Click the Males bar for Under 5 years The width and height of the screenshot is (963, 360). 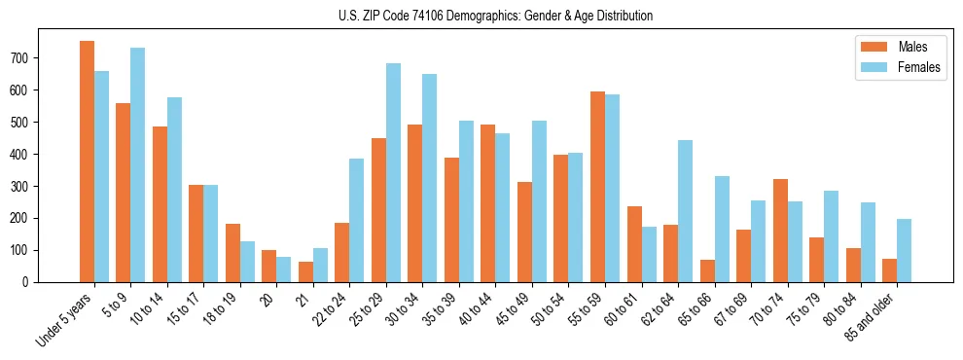(x=88, y=162)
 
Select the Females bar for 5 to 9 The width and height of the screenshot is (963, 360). (x=138, y=164)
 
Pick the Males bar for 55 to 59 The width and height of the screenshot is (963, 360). (x=597, y=187)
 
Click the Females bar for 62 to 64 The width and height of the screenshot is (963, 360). (x=685, y=211)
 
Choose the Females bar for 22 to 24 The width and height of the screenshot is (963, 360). (x=357, y=220)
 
